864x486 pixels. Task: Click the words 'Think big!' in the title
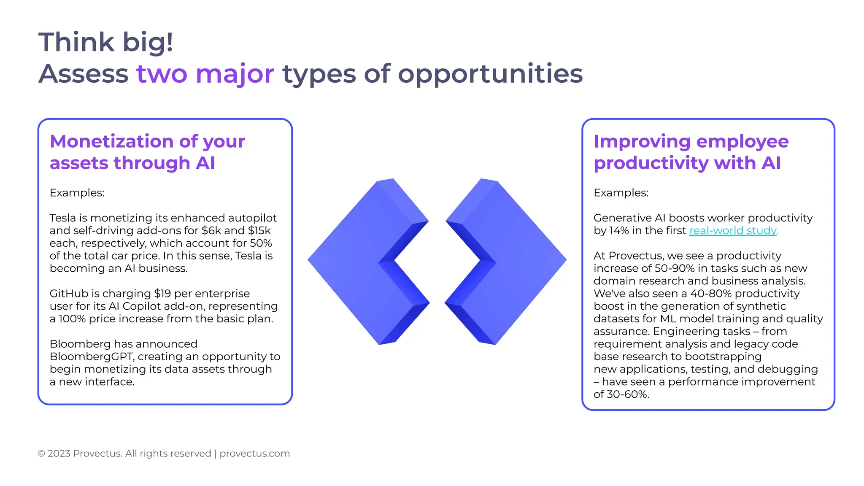[x=105, y=42]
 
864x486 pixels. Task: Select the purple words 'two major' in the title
[x=205, y=74]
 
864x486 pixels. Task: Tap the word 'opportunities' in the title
[x=490, y=74]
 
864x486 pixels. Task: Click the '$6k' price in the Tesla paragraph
[x=211, y=231]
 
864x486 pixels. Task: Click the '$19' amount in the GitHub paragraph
[x=162, y=294]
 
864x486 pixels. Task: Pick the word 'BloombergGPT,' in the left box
[x=92, y=356]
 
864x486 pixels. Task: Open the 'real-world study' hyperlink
[x=733, y=231]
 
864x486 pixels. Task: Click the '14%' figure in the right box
[x=619, y=231]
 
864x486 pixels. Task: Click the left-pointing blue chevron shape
[x=359, y=262]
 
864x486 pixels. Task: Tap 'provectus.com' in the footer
[x=254, y=454]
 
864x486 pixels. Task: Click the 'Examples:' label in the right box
[x=621, y=193]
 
